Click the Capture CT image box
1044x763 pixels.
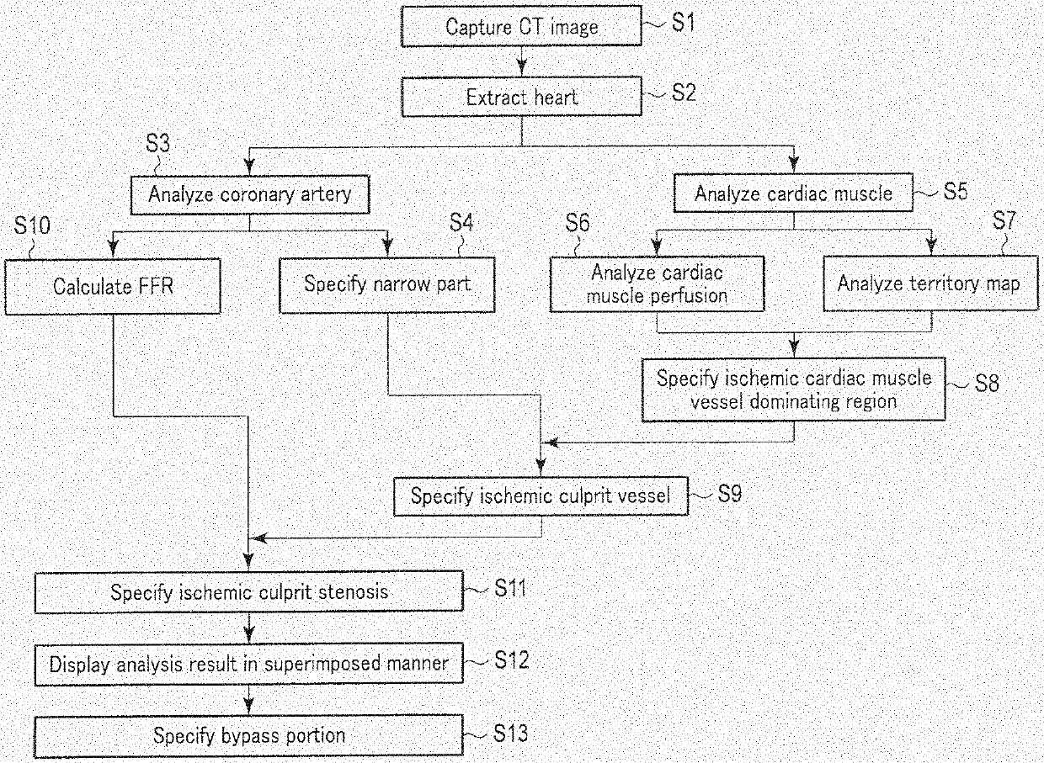[x=521, y=26]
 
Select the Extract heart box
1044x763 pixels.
[x=521, y=97]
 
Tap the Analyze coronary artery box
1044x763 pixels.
[x=249, y=194]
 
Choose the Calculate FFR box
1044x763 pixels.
[x=113, y=286]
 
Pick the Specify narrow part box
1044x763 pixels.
[x=387, y=283]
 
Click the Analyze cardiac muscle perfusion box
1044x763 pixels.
[x=658, y=283]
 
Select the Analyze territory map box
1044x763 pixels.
[x=929, y=283]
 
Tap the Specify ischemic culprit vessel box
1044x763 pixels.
[x=541, y=496]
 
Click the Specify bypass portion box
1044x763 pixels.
[x=249, y=736]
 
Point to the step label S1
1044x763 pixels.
[x=684, y=23]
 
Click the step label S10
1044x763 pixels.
[x=32, y=227]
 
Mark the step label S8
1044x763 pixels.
[x=986, y=383]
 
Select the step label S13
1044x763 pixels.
[x=511, y=734]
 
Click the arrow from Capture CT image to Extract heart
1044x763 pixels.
[x=522, y=63]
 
